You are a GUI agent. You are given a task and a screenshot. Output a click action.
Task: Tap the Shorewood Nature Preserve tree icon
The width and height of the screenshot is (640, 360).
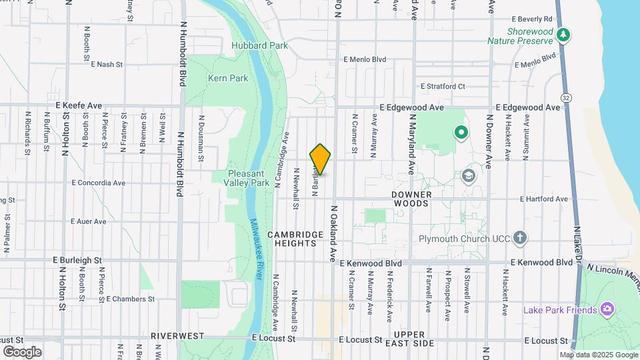[x=564, y=35]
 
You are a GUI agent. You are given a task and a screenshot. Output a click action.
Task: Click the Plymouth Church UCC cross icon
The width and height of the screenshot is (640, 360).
[x=520, y=238]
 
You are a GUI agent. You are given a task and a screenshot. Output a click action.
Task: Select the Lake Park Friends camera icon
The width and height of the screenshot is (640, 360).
[x=607, y=309]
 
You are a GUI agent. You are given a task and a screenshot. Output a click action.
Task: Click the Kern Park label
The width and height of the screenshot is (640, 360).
[x=228, y=78]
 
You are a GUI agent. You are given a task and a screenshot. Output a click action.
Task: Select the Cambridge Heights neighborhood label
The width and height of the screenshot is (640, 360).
[x=291, y=239]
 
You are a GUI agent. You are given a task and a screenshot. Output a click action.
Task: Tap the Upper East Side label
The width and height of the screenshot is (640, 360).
[x=414, y=339]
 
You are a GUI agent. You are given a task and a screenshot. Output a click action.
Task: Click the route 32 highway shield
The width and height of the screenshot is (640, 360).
[x=566, y=97]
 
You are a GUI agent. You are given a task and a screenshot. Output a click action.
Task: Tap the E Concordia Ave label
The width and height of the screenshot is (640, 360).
[x=98, y=182]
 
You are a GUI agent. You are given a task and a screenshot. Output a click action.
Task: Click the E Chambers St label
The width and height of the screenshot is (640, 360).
[x=130, y=299]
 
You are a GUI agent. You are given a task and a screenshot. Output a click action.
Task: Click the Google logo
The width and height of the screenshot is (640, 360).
[x=22, y=351]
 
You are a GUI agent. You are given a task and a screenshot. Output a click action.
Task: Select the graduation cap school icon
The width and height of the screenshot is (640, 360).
[x=468, y=176]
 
